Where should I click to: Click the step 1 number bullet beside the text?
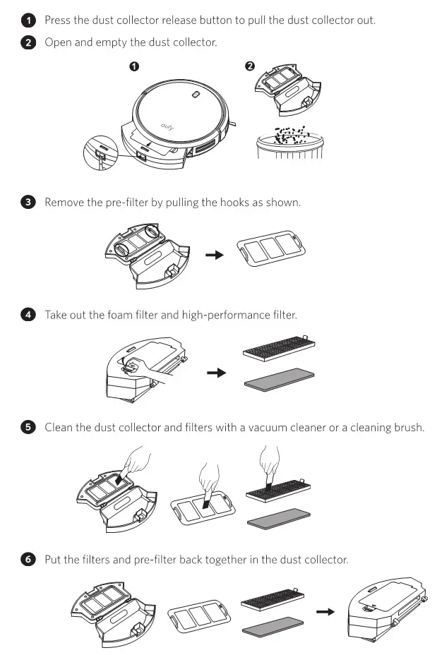click(28, 20)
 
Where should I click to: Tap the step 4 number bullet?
click(28, 315)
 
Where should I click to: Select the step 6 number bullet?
click(28, 559)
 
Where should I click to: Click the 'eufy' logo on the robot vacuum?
click(167, 126)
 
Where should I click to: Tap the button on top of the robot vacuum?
click(196, 95)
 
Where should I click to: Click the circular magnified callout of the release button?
click(100, 152)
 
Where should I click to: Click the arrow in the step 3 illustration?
click(215, 255)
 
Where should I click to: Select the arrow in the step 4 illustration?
click(217, 373)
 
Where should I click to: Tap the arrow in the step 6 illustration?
click(325, 611)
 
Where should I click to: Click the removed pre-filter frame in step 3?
click(271, 248)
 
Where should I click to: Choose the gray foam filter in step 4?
click(279, 379)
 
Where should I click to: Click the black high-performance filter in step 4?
click(279, 347)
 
